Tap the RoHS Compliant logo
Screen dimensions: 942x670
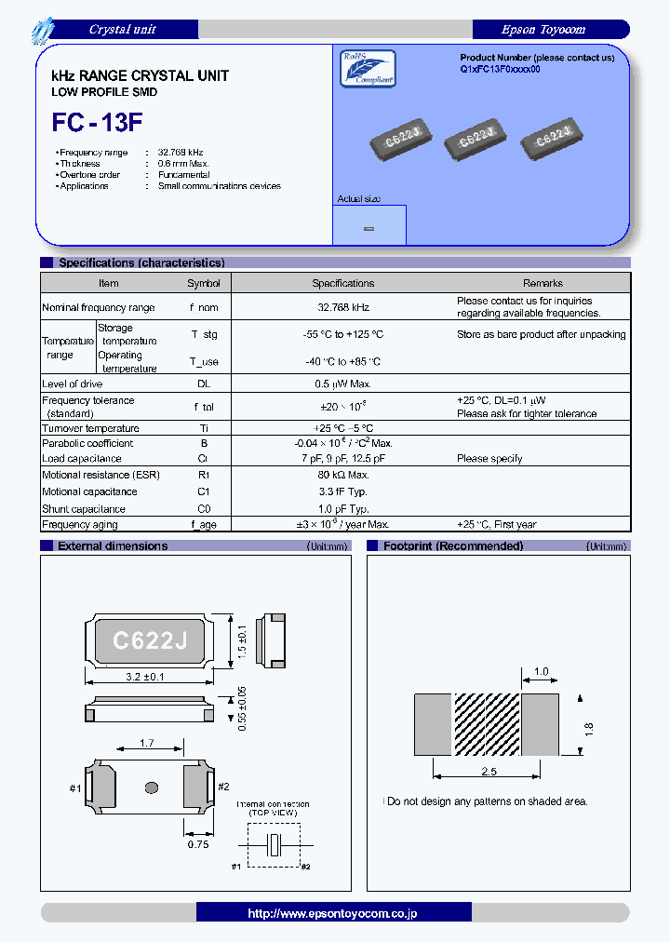point(368,68)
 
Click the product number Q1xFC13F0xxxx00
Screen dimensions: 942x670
point(500,70)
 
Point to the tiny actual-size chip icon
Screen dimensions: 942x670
point(368,228)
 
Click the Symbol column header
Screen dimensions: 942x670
point(204,283)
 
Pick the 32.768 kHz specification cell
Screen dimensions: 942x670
point(342,307)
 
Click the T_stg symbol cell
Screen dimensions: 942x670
point(204,334)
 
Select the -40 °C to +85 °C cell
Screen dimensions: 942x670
point(342,361)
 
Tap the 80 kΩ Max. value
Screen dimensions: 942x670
point(342,475)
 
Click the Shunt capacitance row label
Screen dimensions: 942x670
point(84,509)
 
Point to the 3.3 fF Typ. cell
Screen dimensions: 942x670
point(342,491)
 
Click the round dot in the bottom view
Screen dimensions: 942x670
point(152,787)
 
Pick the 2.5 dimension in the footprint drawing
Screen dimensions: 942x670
point(488,772)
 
